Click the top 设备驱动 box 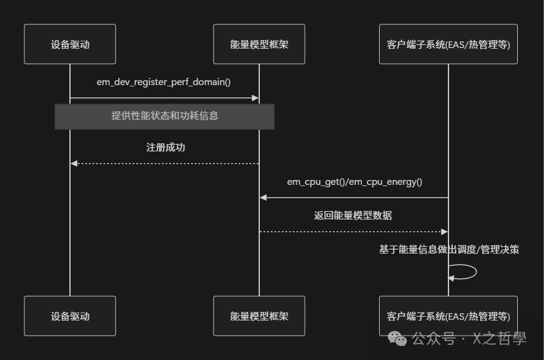[70, 44]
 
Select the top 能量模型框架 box [259, 44]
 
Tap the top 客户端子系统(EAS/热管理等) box [448, 44]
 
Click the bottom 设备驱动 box [70, 316]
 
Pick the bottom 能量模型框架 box [259, 316]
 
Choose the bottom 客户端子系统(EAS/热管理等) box [448, 316]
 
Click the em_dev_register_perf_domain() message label [164, 81]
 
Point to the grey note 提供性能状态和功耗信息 [164, 116]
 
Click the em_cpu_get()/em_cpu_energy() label [354, 182]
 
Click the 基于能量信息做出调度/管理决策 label [449, 249]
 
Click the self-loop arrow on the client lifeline [472, 272]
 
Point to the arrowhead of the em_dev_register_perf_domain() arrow [256, 98]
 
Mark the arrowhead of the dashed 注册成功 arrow [74, 164]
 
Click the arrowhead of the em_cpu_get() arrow [263, 198]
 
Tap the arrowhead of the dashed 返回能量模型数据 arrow [444, 232]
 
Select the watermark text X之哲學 [498, 339]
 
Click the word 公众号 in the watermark [434, 339]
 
